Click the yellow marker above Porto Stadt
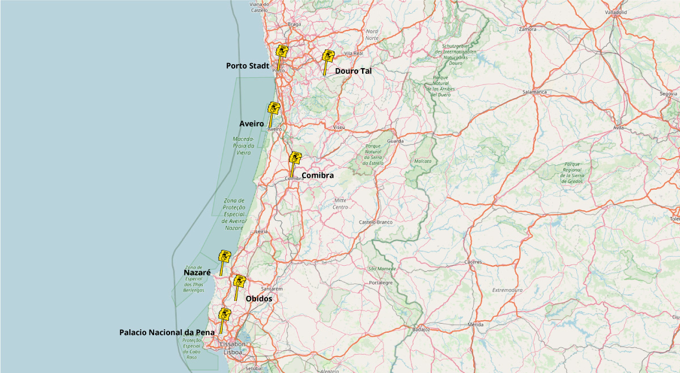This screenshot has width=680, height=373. click(x=282, y=51)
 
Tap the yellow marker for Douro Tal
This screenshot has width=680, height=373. click(x=328, y=56)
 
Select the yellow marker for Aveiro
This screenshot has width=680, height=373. click(x=274, y=107)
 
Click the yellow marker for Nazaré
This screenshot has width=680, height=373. click(x=225, y=256)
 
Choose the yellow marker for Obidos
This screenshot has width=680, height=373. click(x=240, y=280)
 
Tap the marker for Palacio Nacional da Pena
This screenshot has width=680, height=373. click(x=224, y=314)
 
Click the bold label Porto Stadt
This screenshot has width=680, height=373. click(x=248, y=66)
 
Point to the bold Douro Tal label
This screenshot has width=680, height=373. click(x=353, y=71)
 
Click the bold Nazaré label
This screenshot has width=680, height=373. click(x=197, y=273)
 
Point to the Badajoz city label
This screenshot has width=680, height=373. click(x=421, y=329)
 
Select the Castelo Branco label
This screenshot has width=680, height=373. click(x=376, y=222)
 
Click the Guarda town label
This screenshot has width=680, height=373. click(x=395, y=141)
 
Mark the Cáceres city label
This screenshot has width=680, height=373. click(x=473, y=262)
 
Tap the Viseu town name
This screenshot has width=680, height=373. click(x=339, y=127)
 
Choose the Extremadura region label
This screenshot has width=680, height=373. click(x=507, y=290)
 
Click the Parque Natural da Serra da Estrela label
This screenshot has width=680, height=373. click(x=373, y=154)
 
